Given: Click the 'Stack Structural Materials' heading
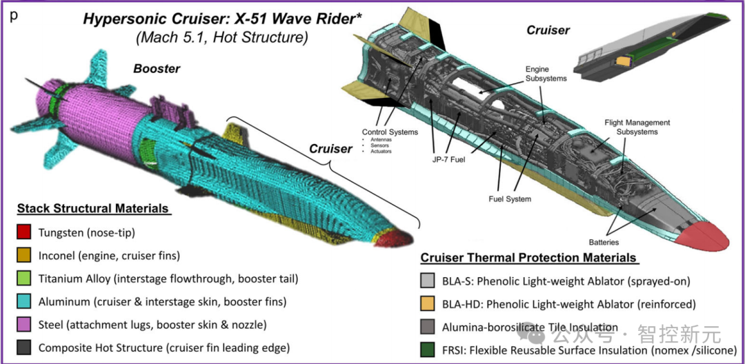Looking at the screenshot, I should [x=93, y=208].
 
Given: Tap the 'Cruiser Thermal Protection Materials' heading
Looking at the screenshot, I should [x=528, y=258].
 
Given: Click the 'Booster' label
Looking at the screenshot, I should [x=157, y=69].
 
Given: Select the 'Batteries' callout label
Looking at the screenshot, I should [x=604, y=242].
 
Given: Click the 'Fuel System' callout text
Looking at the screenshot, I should [x=509, y=199].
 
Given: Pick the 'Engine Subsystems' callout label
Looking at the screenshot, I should [x=546, y=74].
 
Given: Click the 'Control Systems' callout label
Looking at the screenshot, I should [x=390, y=132].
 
